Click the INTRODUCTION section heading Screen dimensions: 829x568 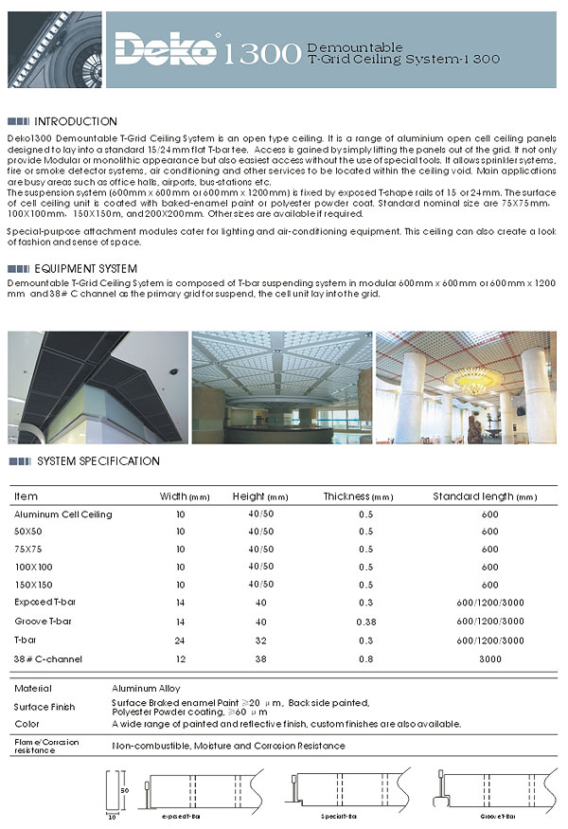[x=76, y=122]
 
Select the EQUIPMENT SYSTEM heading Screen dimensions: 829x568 [x=86, y=269]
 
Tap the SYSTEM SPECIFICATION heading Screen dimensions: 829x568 [x=98, y=461]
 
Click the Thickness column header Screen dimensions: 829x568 [x=357, y=496]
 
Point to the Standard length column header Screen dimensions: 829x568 [x=484, y=496]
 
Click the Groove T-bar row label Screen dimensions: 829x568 [x=44, y=621]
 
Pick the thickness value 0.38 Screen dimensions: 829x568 [x=365, y=621]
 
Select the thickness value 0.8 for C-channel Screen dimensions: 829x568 [x=365, y=658]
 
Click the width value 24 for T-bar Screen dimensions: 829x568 [x=181, y=640]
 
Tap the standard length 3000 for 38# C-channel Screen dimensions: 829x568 [x=489, y=658]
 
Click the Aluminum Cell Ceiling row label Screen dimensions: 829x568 [x=63, y=514]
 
